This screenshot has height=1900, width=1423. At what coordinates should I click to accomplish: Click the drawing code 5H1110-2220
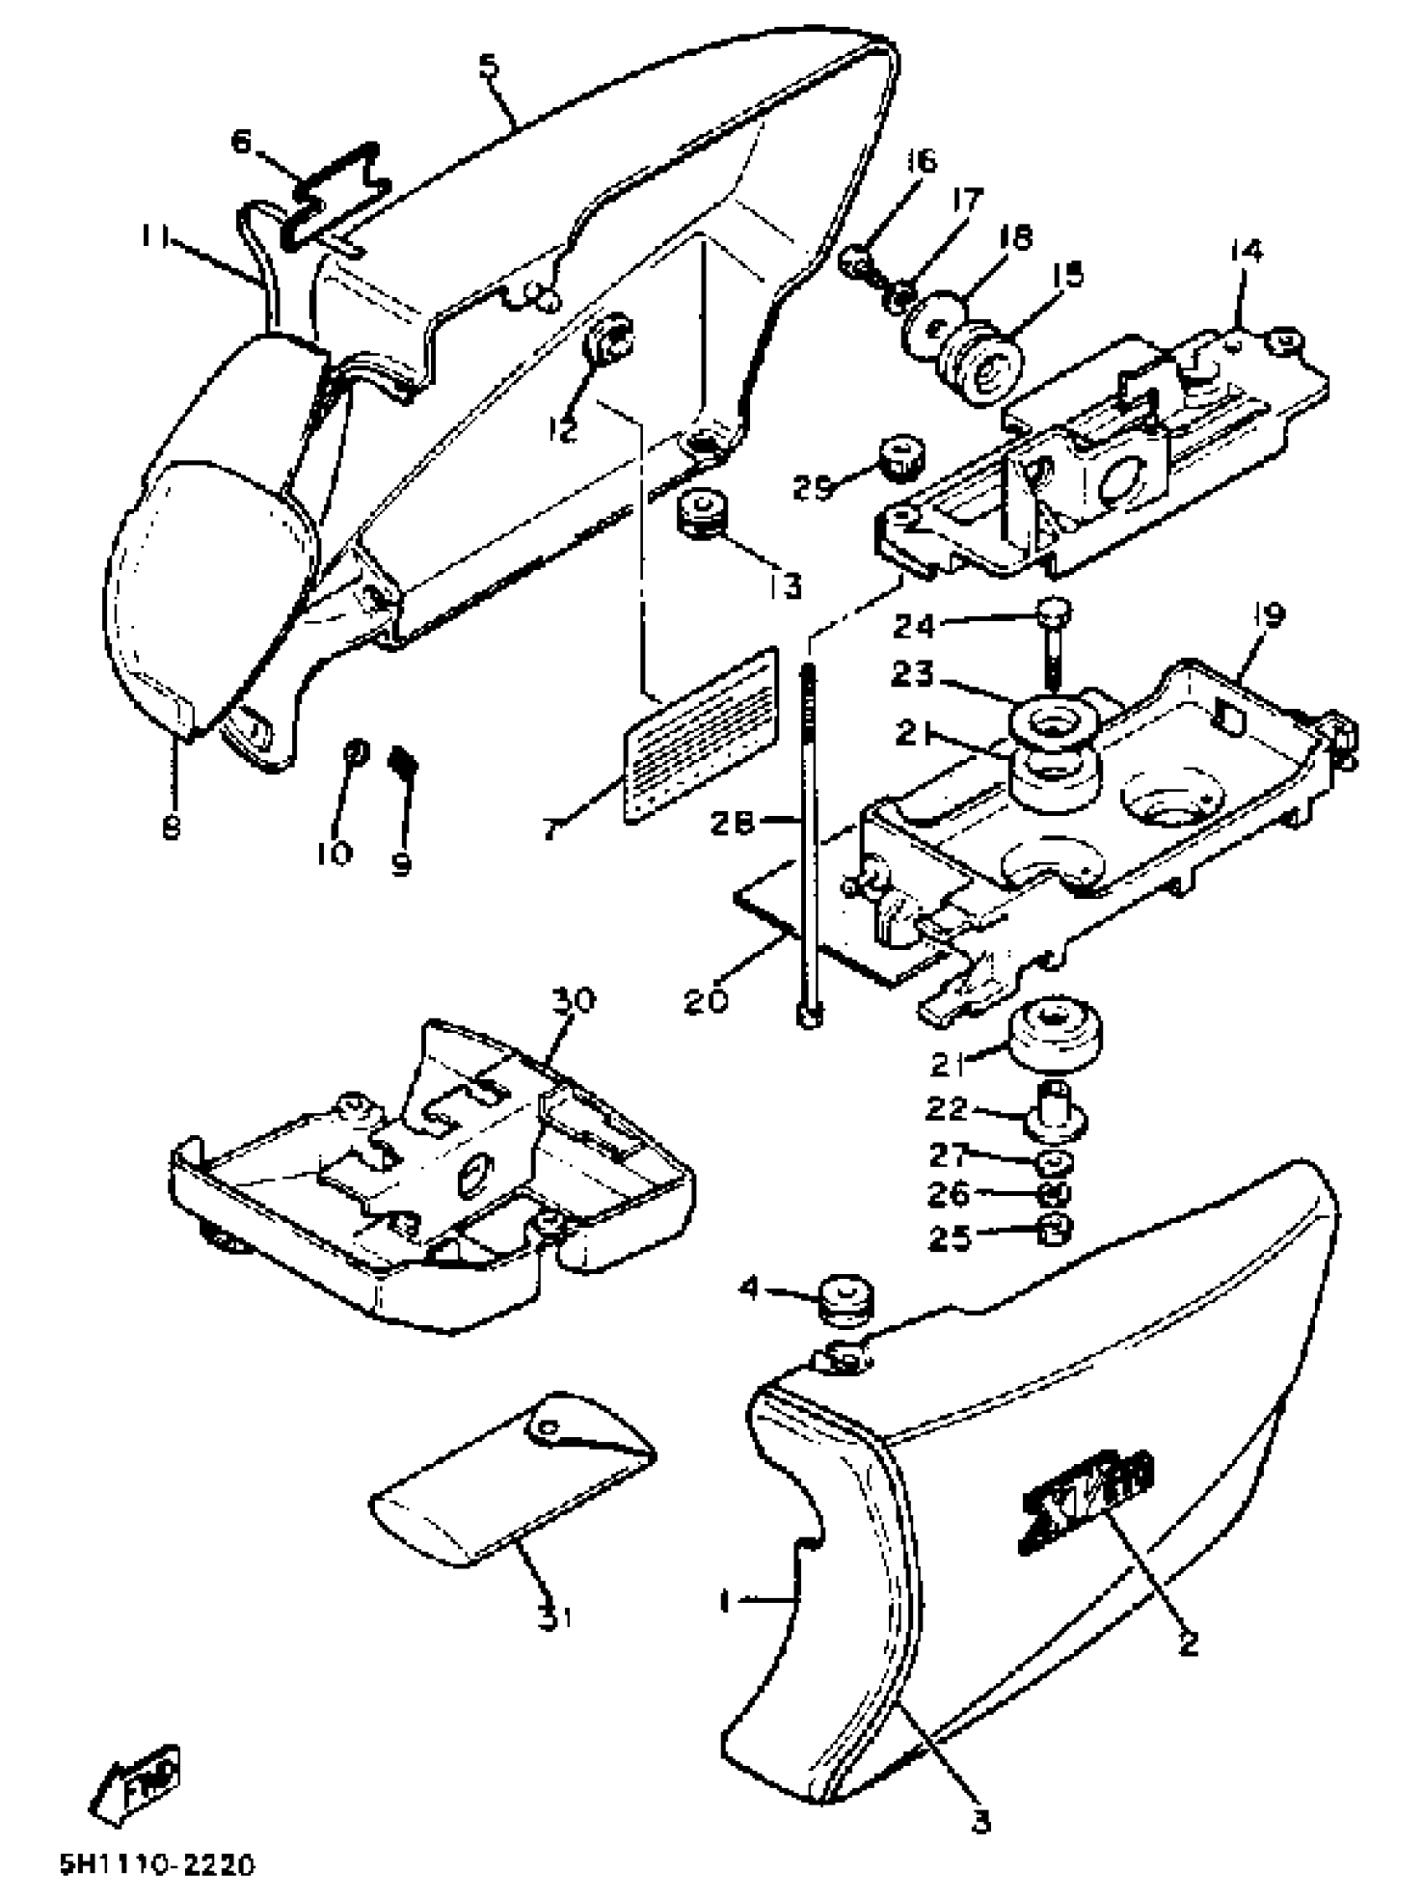click(x=157, y=1867)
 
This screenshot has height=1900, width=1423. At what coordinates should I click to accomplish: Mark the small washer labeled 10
click(x=355, y=753)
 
